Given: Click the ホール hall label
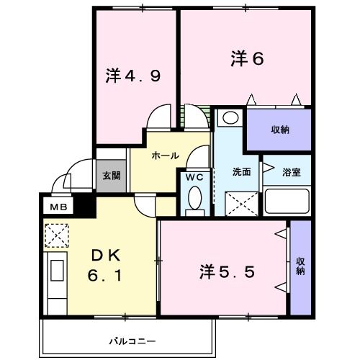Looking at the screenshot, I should (x=165, y=156).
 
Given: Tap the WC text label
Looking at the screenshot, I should (x=194, y=176).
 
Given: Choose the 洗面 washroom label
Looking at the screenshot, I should (x=241, y=173).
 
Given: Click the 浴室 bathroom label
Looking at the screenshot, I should (x=291, y=173).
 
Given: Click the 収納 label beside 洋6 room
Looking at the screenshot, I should (x=280, y=130).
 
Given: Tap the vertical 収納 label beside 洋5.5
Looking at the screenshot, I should (x=300, y=266).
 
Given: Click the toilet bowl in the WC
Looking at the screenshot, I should (x=194, y=201).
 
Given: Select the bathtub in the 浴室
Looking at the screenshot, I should (x=287, y=201).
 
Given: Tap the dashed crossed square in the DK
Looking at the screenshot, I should (x=55, y=235).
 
